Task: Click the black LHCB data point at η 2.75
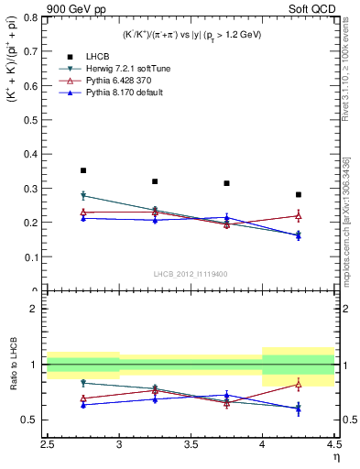point(83,170)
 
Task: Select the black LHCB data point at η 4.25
point(298,194)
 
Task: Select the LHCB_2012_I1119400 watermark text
point(191,274)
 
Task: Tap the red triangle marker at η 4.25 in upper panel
point(298,216)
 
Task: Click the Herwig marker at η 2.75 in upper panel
point(83,195)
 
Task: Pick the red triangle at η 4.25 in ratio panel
point(298,384)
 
